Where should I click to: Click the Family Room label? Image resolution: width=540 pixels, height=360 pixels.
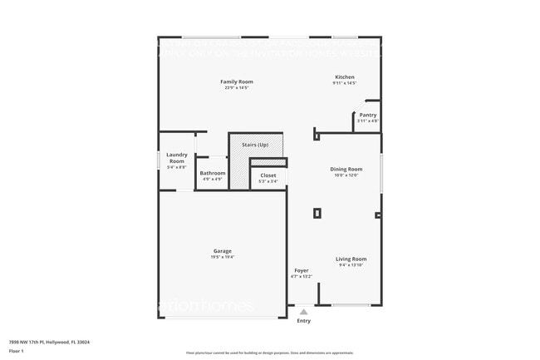[x=237, y=81]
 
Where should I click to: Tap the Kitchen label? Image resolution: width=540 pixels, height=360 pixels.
[x=345, y=76]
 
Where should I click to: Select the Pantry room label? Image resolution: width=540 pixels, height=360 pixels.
[x=367, y=115]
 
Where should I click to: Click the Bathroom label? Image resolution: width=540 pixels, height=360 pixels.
[x=212, y=173]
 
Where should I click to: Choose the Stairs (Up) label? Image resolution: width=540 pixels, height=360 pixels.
[x=255, y=145]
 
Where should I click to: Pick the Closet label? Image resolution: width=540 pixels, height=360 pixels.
[x=268, y=175]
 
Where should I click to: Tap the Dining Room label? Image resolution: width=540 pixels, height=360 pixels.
[x=345, y=169]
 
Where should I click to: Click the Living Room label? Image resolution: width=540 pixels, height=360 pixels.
[x=351, y=259]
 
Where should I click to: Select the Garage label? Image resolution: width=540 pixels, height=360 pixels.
[x=222, y=251]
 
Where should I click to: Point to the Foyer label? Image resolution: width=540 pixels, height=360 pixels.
[x=301, y=271]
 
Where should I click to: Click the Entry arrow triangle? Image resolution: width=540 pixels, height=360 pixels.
[x=303, y=312]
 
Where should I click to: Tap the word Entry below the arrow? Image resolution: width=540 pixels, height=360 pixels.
[x=303, y=321]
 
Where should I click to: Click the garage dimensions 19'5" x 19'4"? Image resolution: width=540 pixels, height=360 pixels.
[x=222, y=257]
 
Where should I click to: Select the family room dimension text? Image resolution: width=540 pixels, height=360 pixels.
[x=237, y=87]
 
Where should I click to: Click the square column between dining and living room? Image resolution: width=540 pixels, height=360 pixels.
[x=317, y=213]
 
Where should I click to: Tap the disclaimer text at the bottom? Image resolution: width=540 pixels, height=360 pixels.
[x=269, y=353]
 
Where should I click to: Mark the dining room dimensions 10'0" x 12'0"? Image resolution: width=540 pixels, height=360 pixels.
[x=345, y=175]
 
